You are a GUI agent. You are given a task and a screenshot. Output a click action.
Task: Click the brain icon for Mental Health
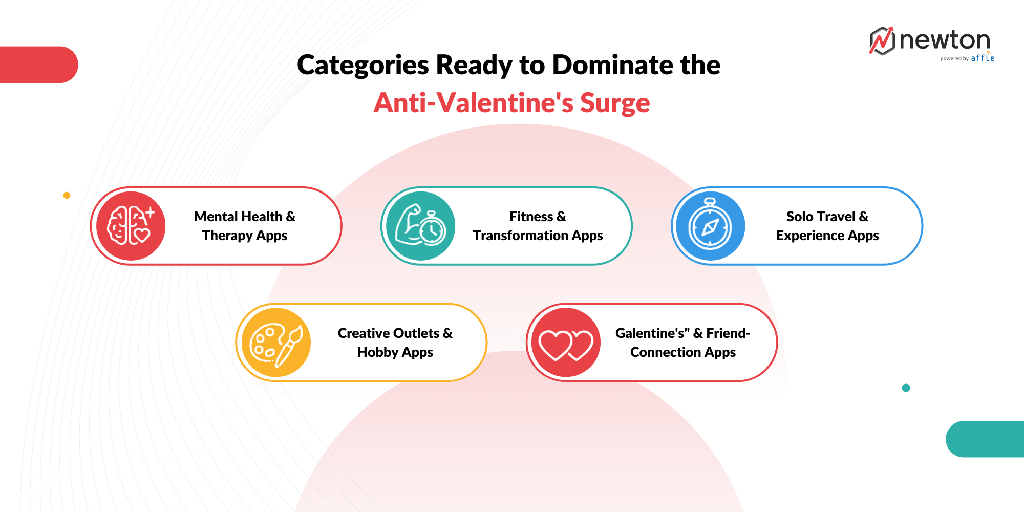coord(131,226)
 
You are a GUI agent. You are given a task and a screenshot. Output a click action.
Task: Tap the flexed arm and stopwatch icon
coord(421,226)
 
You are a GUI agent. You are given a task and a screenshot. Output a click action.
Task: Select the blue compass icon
coord(710,226)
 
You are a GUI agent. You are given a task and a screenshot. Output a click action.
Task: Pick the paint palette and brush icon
coord(276,343)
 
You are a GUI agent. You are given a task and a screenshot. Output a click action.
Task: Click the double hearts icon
coord(566,343)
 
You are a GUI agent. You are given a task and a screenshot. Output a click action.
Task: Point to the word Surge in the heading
coord(614,103)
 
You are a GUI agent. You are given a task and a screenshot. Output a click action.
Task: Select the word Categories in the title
coord(363,65)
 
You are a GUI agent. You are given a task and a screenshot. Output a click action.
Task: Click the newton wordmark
coord(945,40)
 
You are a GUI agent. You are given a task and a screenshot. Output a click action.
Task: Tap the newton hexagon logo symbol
coord(882,41)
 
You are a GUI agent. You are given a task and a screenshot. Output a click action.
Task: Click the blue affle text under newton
coord(983,58)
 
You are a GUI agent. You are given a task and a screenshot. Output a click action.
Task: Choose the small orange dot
coord(67,195)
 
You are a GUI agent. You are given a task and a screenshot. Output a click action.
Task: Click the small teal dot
coord(906,388)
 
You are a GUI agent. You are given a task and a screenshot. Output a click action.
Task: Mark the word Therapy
coord(227,236)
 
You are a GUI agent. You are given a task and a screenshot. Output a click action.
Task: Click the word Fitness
coord(531,217)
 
